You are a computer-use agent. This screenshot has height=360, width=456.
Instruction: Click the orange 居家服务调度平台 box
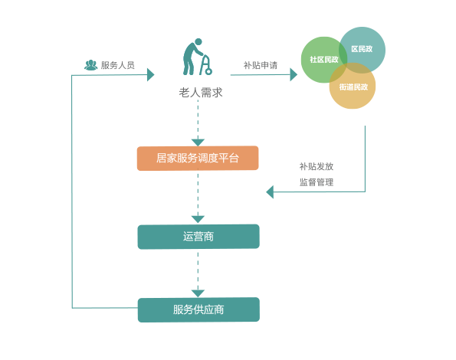pyautogui.click(x=198, y=158)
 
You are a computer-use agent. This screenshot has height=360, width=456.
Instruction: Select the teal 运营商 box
pyautogui.click(x=198, y=237)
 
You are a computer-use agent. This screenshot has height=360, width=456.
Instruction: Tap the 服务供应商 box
pyautogui.click(x=198, y=309)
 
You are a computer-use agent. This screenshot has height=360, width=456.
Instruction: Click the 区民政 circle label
pyautogui.click(x=362, y=49)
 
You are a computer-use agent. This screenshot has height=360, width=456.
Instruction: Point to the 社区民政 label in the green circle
pyautogui.click(x=324, y=60)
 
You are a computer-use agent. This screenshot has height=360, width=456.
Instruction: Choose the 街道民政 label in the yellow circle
pyautogui.click(x=353, y=87)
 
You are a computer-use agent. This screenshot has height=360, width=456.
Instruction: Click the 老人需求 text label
pyautogui.click(x=201, y=93)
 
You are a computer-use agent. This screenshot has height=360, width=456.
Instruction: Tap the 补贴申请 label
pyautogui.click(x=261, y=65)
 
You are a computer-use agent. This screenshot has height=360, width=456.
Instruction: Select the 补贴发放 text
pyautogui.click(x=317, y=166)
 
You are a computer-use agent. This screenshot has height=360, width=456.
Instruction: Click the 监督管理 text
pyautogui.click(x=317, y=182)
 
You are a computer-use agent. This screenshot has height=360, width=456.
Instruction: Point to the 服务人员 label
pyautogui.click(x=118, y=65)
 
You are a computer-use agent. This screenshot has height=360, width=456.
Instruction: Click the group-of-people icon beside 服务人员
pyautogui.click(x=90, y=65)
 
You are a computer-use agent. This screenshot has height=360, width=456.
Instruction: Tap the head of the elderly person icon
pyautogui.click(x=198, y=42)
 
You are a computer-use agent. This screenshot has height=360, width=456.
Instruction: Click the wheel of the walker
pyautogui.click(x=208, y=71)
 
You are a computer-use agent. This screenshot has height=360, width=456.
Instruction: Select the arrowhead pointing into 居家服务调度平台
pyautogui.click(x=198, y=142)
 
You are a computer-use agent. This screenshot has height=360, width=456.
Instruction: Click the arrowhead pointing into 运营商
pyautogui.click(x=198, y=219)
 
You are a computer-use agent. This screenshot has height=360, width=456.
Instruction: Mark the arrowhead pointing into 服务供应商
pyautogui.click(x=198, y=293)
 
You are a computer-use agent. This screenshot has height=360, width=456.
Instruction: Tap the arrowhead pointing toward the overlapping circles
pyautogui.click(x=294, y=74)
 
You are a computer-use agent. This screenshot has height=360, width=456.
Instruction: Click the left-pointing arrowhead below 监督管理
pyautogui.click(x=270, y=192)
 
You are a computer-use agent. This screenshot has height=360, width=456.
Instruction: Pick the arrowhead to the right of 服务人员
pyautogui.click(x=151, y=74)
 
